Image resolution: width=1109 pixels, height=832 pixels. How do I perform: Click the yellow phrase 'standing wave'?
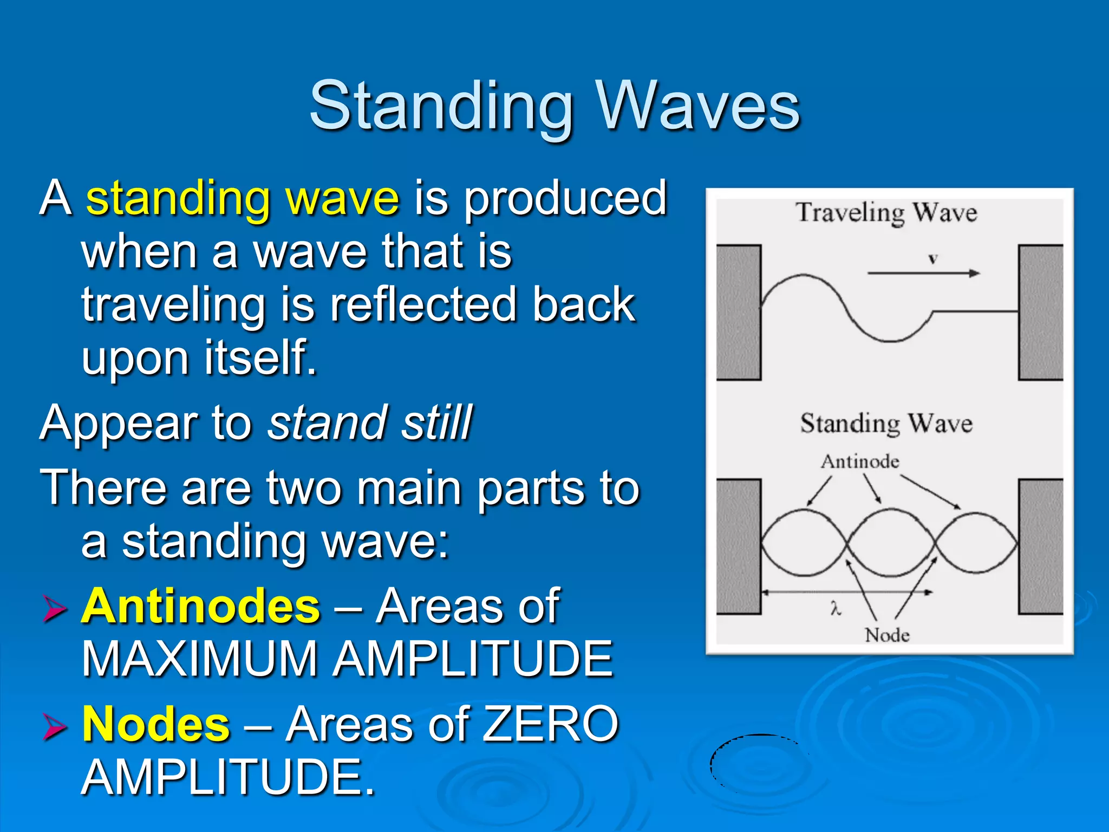[243, 198]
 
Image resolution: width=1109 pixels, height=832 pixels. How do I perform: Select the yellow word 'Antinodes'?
[201, 607]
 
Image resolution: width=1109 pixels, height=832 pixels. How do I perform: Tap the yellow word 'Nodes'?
[156, 725]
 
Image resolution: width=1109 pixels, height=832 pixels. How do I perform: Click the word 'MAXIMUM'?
[200, 659]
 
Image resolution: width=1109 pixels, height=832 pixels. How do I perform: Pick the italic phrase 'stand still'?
[370, 423]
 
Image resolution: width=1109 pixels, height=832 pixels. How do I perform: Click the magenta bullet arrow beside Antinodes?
[55, 609]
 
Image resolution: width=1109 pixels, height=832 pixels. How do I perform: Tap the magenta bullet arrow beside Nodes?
[55, 727]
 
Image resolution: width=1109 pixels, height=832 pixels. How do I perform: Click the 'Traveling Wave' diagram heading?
[886, 212]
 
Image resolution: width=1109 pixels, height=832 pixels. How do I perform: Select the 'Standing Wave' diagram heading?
[886, 424]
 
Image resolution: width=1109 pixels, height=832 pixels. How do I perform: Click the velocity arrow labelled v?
[923, 272]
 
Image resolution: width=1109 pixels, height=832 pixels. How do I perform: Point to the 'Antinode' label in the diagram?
[860, 461]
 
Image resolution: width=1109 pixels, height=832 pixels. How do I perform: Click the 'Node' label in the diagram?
[887, 635]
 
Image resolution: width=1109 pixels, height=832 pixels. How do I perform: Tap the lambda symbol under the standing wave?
[836, 609]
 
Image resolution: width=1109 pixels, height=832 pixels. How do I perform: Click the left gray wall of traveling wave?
[739, 313]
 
